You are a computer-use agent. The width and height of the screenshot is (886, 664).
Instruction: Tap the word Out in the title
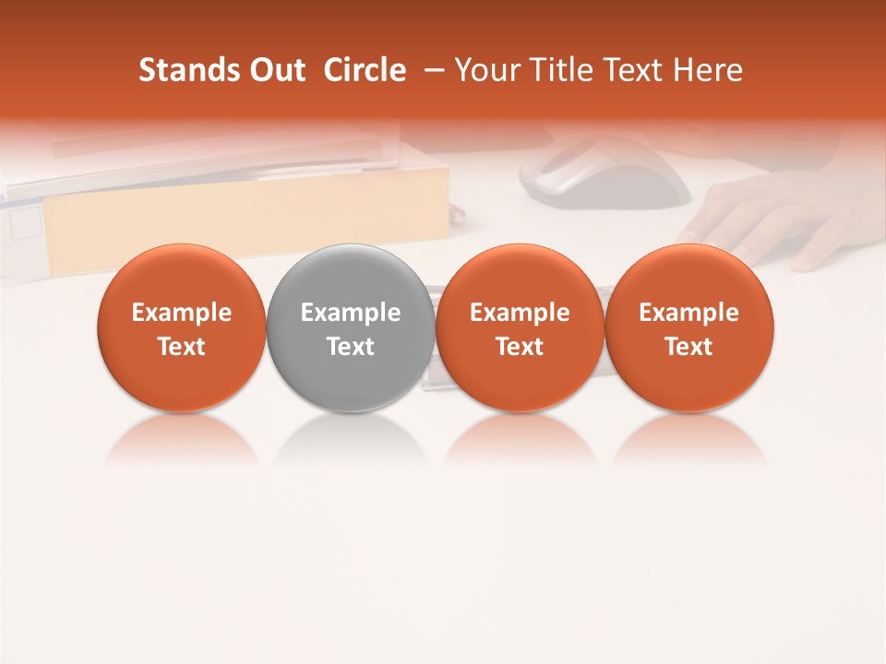coord(277,70)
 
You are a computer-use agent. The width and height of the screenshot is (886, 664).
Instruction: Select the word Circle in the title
coord(364,70)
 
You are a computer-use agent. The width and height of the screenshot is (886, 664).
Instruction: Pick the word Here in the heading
coord(707,70)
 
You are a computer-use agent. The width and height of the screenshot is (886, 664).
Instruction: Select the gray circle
coord(351,328)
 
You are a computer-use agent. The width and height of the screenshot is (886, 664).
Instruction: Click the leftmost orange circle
coord(181,328)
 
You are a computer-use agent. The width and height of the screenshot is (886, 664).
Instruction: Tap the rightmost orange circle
coord(688,328)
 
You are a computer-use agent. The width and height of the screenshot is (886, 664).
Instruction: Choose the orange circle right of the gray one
coord(520,328)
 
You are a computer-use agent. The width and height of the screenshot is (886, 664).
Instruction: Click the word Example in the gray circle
coord(351,313)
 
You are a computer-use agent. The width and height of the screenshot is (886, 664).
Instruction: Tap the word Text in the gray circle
coord(351,347)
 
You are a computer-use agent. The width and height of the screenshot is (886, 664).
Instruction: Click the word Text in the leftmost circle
coord(181,347)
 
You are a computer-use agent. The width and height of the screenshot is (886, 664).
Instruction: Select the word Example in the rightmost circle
coord(688,313)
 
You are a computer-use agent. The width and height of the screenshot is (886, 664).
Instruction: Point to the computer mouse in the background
coord(605,175)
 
